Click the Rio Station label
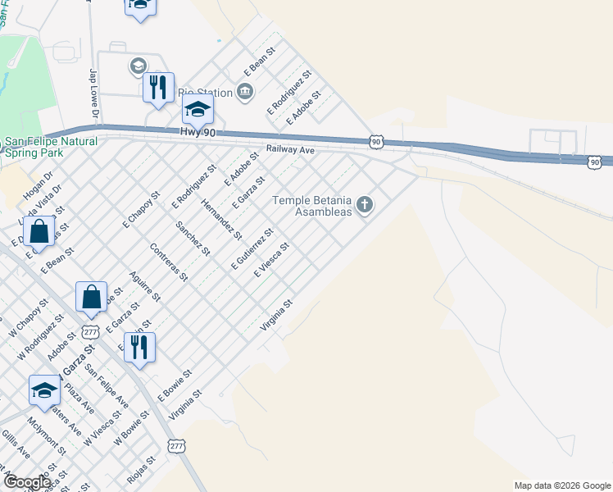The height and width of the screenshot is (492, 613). coord(206,91)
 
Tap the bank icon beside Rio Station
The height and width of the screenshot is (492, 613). coord(244,91)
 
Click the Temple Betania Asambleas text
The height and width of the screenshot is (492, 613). coord(311,205)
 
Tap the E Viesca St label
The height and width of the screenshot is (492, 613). coord(272,260)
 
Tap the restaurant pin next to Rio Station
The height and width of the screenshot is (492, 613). coord(158,88)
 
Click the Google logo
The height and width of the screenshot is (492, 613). coord(27,482)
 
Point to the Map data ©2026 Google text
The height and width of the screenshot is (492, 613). coord(562,485)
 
